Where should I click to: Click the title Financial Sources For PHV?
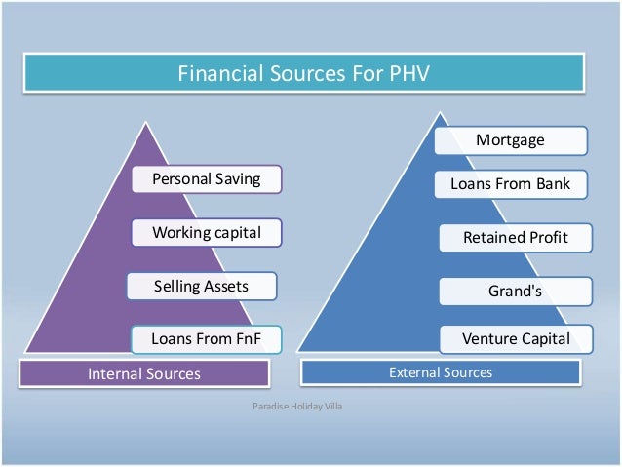(302, 74)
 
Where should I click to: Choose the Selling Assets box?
(202, 286)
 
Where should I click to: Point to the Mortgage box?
(511, 140)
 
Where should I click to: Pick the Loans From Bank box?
(511, 183)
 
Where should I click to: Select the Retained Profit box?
(515, 237)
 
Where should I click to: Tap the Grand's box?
(515, 291)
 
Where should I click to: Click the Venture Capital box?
(515, 339)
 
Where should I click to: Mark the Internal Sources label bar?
(144, 373)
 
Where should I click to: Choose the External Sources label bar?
(441, 372)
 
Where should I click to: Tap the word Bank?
(551, 183)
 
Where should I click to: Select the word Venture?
(490, 339)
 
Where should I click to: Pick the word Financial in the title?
(215, 74)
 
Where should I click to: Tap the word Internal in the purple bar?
(116, 373)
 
